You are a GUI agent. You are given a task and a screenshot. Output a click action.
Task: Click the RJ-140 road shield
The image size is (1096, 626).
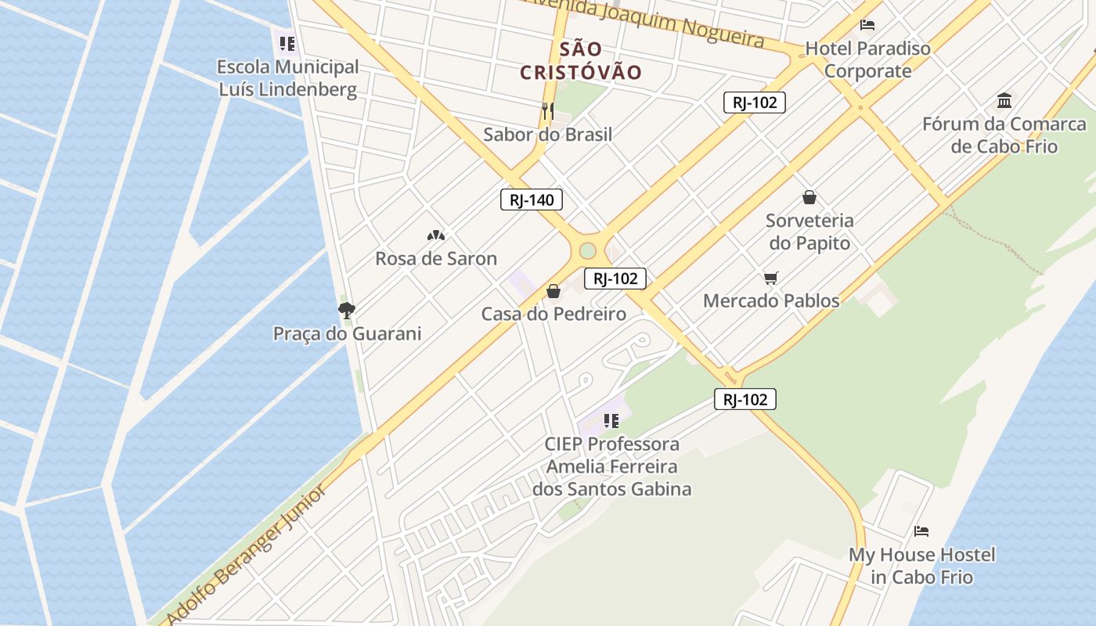pyautogui.click(x=532, y=200)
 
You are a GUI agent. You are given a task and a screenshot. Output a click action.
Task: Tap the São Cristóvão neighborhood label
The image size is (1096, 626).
pyautogui.click(x=581, y=60)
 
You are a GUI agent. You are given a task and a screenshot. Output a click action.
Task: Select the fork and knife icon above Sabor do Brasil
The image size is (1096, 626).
pyautogui.click(x=547, y=110)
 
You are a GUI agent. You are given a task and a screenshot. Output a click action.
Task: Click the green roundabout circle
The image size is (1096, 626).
pyautogui.click(x=588, y=251)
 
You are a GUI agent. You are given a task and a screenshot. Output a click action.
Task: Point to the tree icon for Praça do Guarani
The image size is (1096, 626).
pyautogui.click(x=347, y=310)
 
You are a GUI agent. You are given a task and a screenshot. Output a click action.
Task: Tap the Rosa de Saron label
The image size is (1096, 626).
pyautogui.click(x=436, y=258)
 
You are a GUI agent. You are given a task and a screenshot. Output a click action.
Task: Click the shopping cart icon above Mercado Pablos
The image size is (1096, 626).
pyautogui.click(x=771, y=278)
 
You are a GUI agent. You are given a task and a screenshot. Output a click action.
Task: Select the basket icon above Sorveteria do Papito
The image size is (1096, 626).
pyautogui.click(x=809, y=197)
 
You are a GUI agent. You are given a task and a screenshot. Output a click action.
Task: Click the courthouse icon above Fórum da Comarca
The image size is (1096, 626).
pyautogui.click(x=1004, y=100)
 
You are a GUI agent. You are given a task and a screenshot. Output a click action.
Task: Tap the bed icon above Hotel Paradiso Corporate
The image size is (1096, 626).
pyautogui.click(x=867, y=25)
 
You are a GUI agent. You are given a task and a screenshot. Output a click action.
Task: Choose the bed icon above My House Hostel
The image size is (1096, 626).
pyautogui.click(x=921, y=531)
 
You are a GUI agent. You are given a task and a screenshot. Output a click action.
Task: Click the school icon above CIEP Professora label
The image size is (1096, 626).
pyautogui.click(x=611, y=421)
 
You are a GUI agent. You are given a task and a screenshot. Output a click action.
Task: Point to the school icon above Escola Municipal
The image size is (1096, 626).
pyautogui.click(x=287, y=43)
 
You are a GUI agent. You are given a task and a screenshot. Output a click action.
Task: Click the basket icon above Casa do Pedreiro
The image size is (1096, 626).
pyautogui.click(x=553, y=291)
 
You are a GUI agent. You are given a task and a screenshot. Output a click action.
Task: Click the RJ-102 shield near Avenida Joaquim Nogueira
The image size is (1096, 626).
pyautogui.click(x=754, y=102)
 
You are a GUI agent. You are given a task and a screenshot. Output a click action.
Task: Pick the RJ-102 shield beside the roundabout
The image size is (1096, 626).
pyautogui.click(x=615, y=278)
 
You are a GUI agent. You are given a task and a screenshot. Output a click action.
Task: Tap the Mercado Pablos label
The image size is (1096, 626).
pyautogui.click(x=771, y=300)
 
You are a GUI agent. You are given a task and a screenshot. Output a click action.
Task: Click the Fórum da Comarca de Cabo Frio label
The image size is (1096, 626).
pyautogui.click(x=1004, y=135)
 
